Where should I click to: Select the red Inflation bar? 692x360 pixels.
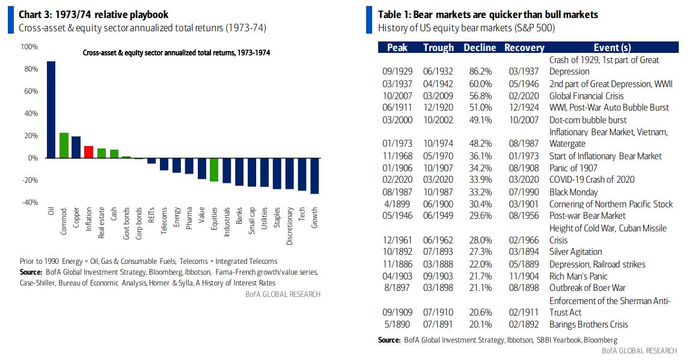[88, 152]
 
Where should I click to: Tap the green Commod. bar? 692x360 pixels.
[64, 145]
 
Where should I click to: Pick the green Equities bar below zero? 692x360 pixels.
[213, 169]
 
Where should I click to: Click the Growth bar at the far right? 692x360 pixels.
[314, 175]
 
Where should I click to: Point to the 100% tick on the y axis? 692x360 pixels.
[29, 47]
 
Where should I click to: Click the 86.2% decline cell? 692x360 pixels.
[480, 72]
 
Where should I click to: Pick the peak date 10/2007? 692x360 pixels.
[396, 96]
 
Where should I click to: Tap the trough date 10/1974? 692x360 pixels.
[438, 144]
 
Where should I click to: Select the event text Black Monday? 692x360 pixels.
[574, 192]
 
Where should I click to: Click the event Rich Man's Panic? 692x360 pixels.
[578, 276]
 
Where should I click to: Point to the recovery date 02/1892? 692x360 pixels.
[523, 325]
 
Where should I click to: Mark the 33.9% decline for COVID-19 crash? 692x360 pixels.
[480, 180]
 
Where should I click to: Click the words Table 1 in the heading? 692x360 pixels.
[394, 14]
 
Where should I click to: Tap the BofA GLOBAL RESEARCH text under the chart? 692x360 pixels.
[283, 294]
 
